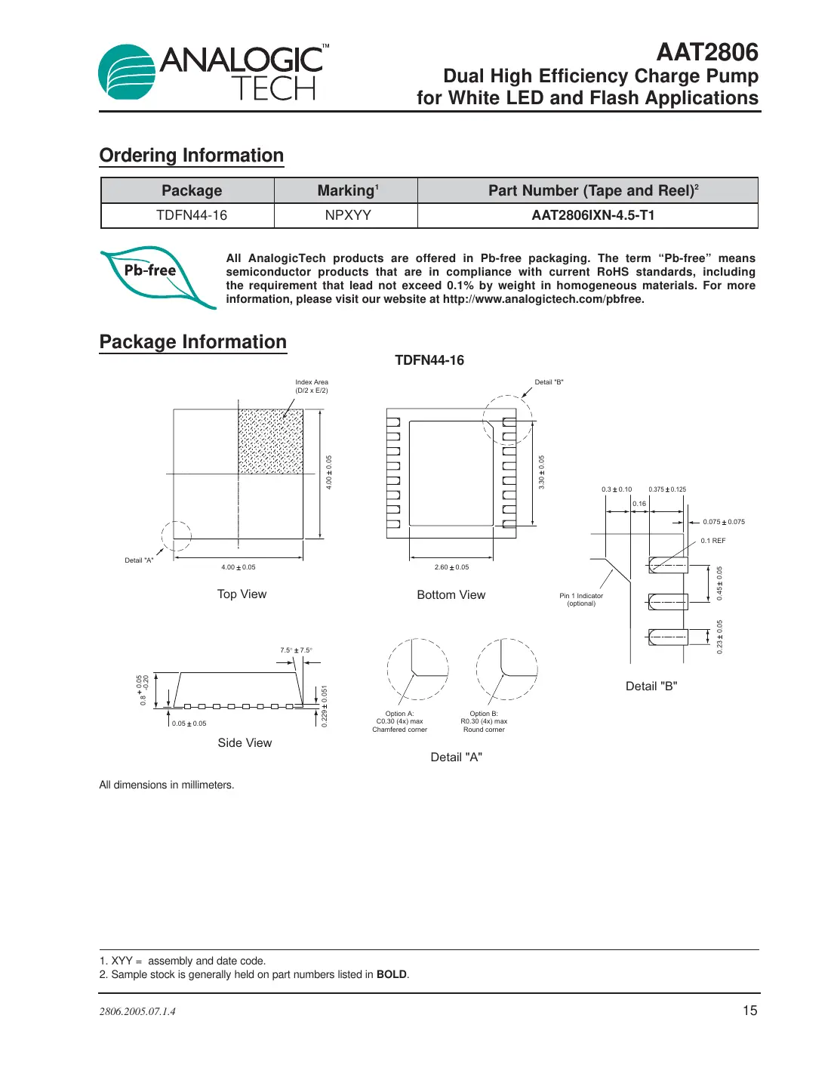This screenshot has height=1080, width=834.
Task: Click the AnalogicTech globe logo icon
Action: (127, 72)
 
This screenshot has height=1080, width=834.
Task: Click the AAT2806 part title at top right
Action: (706, 52)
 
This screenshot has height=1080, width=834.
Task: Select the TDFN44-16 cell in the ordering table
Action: (191, 215)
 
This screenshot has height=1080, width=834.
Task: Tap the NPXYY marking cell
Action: (347, 215)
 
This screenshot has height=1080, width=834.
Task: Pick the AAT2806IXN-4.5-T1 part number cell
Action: (592, 215)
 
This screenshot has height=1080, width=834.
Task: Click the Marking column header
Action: (347, 190)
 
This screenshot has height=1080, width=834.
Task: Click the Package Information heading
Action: (193, 342)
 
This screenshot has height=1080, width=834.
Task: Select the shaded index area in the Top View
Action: (270, 442)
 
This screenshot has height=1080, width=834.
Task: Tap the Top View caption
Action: (242, 594)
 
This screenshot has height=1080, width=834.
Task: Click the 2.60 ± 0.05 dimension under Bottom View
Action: (451, 567)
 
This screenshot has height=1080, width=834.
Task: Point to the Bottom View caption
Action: (451, 595)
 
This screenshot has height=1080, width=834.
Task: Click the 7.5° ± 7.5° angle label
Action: (296, 650)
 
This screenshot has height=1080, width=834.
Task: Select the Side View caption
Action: (245, 743)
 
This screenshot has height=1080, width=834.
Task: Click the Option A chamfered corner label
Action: (399, 721)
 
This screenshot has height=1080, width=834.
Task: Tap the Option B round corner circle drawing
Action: (506, 669)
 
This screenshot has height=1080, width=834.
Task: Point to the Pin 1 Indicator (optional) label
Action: (581, 600)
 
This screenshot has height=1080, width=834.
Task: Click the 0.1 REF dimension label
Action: (712, 541)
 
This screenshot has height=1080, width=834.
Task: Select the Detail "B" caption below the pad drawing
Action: (651, 687)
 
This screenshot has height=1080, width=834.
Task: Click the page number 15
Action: (749, 1011)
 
